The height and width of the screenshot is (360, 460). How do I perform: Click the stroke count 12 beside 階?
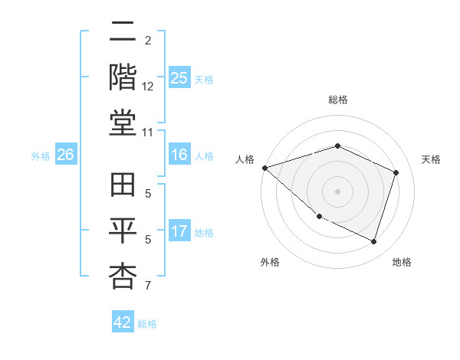point(149,87)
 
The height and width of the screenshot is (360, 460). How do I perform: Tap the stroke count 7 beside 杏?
point(149,286)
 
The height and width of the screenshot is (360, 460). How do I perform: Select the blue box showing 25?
point(179,78)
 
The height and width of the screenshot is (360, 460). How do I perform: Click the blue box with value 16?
point(179,155)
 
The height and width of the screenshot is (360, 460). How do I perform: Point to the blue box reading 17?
point(179,231)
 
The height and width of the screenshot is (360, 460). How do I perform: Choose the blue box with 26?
point(65,155)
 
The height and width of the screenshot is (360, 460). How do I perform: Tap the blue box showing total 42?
point(123,322)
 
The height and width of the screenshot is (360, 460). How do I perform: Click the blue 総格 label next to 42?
point(148,324)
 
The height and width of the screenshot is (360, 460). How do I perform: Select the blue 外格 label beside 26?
point(41,156)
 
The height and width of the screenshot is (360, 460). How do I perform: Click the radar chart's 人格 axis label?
point(245,159)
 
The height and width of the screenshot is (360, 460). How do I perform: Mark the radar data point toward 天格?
point(396,172)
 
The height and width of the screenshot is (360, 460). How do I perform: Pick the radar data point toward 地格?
point(374,242)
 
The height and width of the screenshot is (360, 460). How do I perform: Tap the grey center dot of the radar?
point(337,191)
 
